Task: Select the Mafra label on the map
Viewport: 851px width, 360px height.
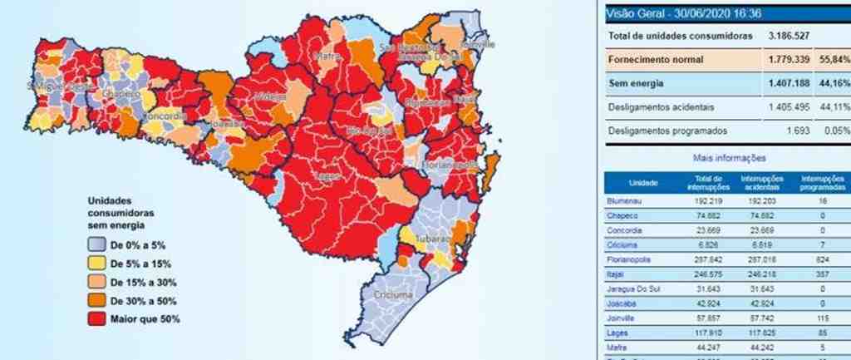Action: coord(325,57)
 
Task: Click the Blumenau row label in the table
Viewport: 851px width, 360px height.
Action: coord(625,200)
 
